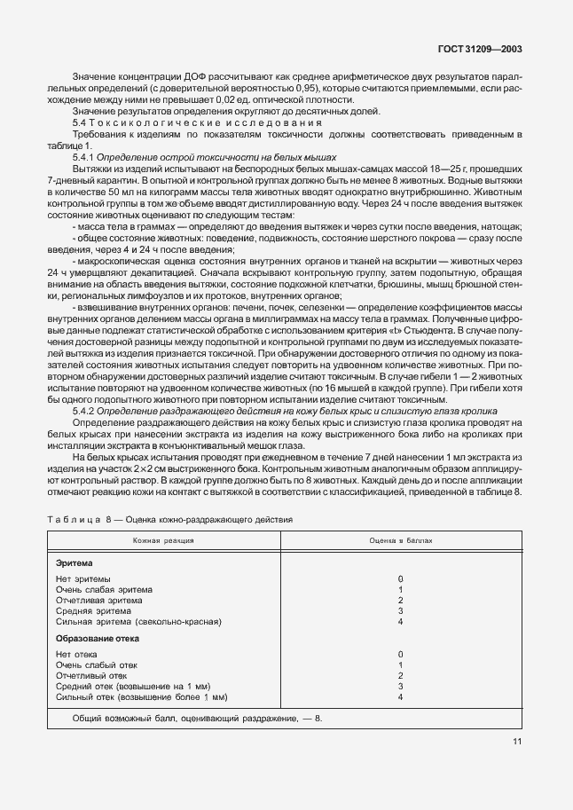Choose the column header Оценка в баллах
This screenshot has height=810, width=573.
401,539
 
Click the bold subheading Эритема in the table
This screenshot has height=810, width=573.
74,563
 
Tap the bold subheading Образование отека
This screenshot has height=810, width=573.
97,639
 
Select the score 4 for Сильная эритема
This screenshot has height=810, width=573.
401,622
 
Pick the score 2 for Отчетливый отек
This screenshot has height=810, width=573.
401,675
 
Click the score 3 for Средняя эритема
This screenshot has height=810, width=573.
401,611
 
